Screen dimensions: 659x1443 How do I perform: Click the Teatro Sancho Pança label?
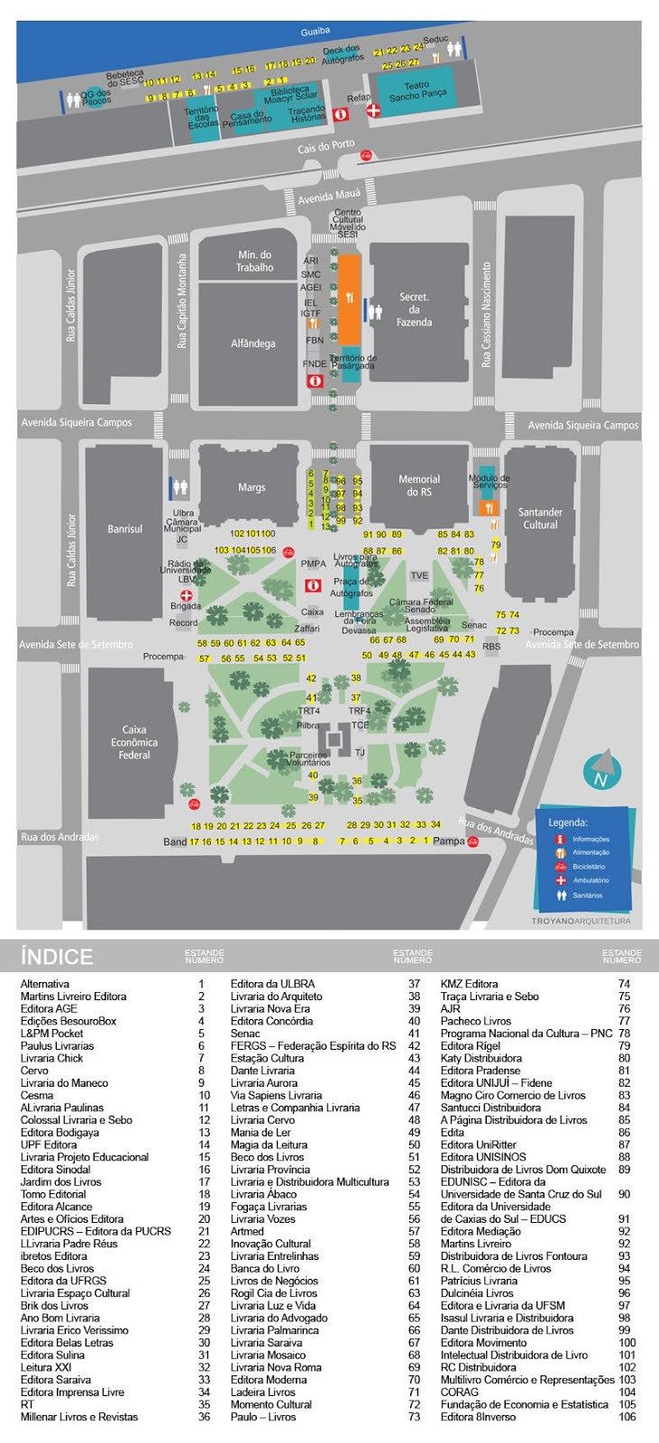point(417,90)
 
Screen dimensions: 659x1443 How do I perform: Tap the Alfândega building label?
point(253,344)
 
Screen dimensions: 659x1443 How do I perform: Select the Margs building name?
point(252,488)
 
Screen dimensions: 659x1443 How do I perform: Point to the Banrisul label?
point(125,529)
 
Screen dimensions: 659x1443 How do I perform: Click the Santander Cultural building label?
point(540,519)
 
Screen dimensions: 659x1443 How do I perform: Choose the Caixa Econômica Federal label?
point(133,742)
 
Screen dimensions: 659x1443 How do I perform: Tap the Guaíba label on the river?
point(316,32)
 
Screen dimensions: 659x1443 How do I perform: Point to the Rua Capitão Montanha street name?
point(182,300)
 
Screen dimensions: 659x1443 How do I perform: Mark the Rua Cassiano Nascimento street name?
point(486,315)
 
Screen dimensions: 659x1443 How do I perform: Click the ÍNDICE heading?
point(57,957)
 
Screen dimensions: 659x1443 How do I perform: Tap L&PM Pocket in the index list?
point(52,1034)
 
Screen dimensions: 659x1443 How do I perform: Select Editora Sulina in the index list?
point(52,1355)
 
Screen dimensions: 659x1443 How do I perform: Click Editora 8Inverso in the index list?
point(479,1417)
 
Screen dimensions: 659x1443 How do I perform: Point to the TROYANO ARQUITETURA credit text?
point(581,921)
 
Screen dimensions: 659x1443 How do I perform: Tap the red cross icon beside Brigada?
point(187,595)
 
